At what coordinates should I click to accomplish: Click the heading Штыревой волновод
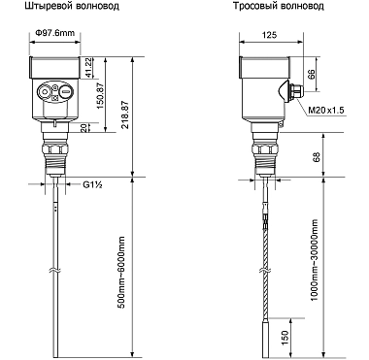click(72, 7)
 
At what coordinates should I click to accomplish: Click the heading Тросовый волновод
click(279, 7)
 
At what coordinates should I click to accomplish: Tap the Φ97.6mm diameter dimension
click(54, 33)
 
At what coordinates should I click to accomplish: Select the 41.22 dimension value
click(88, 68)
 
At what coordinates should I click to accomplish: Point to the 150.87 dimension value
click(100, 95)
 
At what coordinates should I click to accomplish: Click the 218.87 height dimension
click(125, 115)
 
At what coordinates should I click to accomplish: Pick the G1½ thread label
click(93, 184)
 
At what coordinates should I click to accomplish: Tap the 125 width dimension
click(270, 35)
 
